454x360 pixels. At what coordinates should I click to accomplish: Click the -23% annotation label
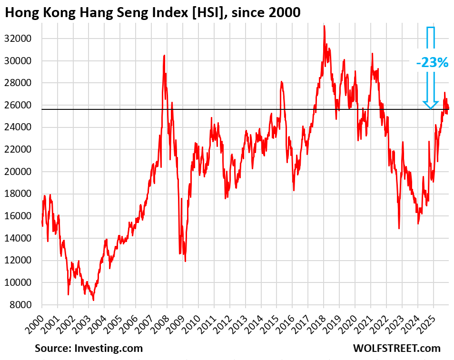(x=431, y=62)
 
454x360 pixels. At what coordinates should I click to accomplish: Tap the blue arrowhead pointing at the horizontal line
(x=431, y=105)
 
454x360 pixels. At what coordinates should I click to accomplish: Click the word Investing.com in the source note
(x=109, y=348)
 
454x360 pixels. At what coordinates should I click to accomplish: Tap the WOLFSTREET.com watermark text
(x=396, y=348)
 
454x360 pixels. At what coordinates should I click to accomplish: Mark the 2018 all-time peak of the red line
(x=324, y=26)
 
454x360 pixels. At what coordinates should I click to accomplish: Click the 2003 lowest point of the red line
(x=93, y=300)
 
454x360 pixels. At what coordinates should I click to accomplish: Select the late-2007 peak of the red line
(x=164, y=55)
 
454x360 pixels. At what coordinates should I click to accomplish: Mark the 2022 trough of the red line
(x=399, y=229)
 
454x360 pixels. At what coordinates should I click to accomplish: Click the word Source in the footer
(x=52, y=348)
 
